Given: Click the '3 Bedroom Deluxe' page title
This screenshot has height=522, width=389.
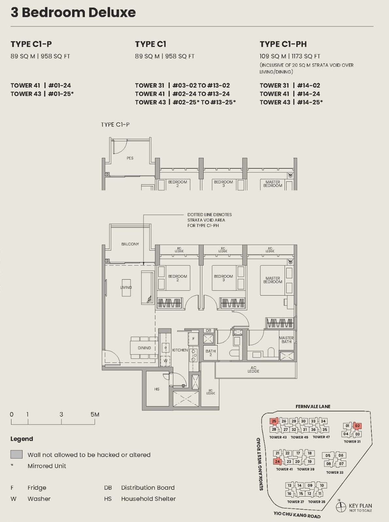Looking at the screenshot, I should (73, 12).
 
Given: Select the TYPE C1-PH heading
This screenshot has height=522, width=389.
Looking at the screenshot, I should (283, 44).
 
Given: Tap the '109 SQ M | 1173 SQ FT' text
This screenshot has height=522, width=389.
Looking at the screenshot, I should (290, 56).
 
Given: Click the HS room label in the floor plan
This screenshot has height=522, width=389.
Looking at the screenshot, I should (157, 389).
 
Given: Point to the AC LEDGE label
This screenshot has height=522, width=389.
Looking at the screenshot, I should (253, 369).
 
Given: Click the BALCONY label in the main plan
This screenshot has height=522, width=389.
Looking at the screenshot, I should (130, 244).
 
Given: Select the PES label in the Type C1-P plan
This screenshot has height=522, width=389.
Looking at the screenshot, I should (130, 158).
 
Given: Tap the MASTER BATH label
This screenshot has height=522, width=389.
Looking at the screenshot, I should (286, 340).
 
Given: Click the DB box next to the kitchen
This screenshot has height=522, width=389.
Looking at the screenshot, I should (208, 330).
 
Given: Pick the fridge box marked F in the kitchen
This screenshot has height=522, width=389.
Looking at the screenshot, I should (193, 339).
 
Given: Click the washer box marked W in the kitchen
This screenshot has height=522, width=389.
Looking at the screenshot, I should (165, 361).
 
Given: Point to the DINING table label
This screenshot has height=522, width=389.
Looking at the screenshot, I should (144, 348).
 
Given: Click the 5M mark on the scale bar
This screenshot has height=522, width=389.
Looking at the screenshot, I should (95, 415).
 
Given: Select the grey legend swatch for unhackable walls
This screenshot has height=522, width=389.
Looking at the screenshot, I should (17, 454).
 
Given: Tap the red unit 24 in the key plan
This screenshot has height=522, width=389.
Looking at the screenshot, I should (277, 462).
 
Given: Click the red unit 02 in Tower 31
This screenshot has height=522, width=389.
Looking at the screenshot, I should (357, 426).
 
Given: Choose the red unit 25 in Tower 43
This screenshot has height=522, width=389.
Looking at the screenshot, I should (274, 421).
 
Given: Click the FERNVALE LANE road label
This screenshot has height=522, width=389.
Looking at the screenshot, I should (313, 407).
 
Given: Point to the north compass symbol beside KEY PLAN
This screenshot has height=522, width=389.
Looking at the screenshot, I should (341, 507).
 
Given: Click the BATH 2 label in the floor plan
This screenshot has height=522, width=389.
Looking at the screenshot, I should (210, 353).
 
